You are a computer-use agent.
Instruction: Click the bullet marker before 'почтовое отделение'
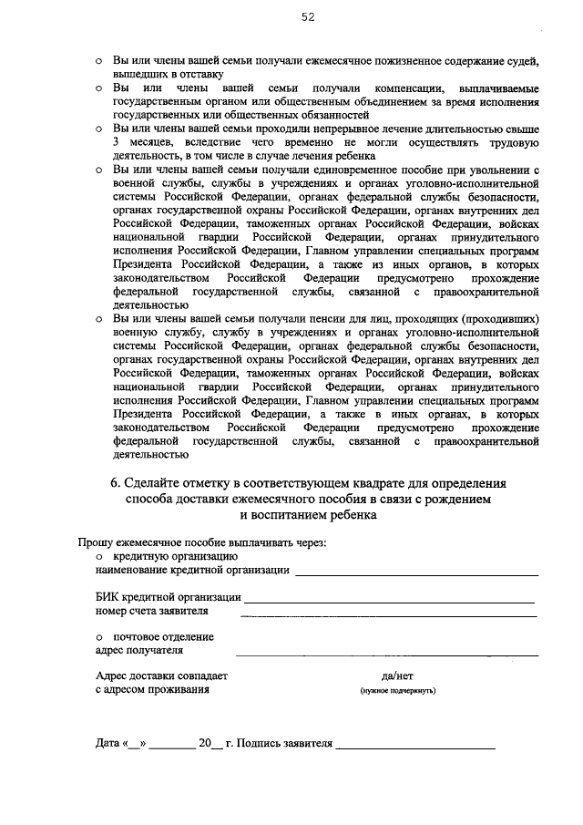100,636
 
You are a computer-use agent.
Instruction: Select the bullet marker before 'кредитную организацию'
100,555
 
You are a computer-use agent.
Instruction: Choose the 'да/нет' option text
397,676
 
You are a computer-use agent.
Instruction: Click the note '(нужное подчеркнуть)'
397,691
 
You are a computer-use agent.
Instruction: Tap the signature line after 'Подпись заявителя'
414,747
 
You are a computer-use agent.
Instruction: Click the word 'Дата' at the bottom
107,743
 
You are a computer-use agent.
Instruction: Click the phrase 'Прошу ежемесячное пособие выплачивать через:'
201,541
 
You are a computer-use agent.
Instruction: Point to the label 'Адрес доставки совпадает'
162,676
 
